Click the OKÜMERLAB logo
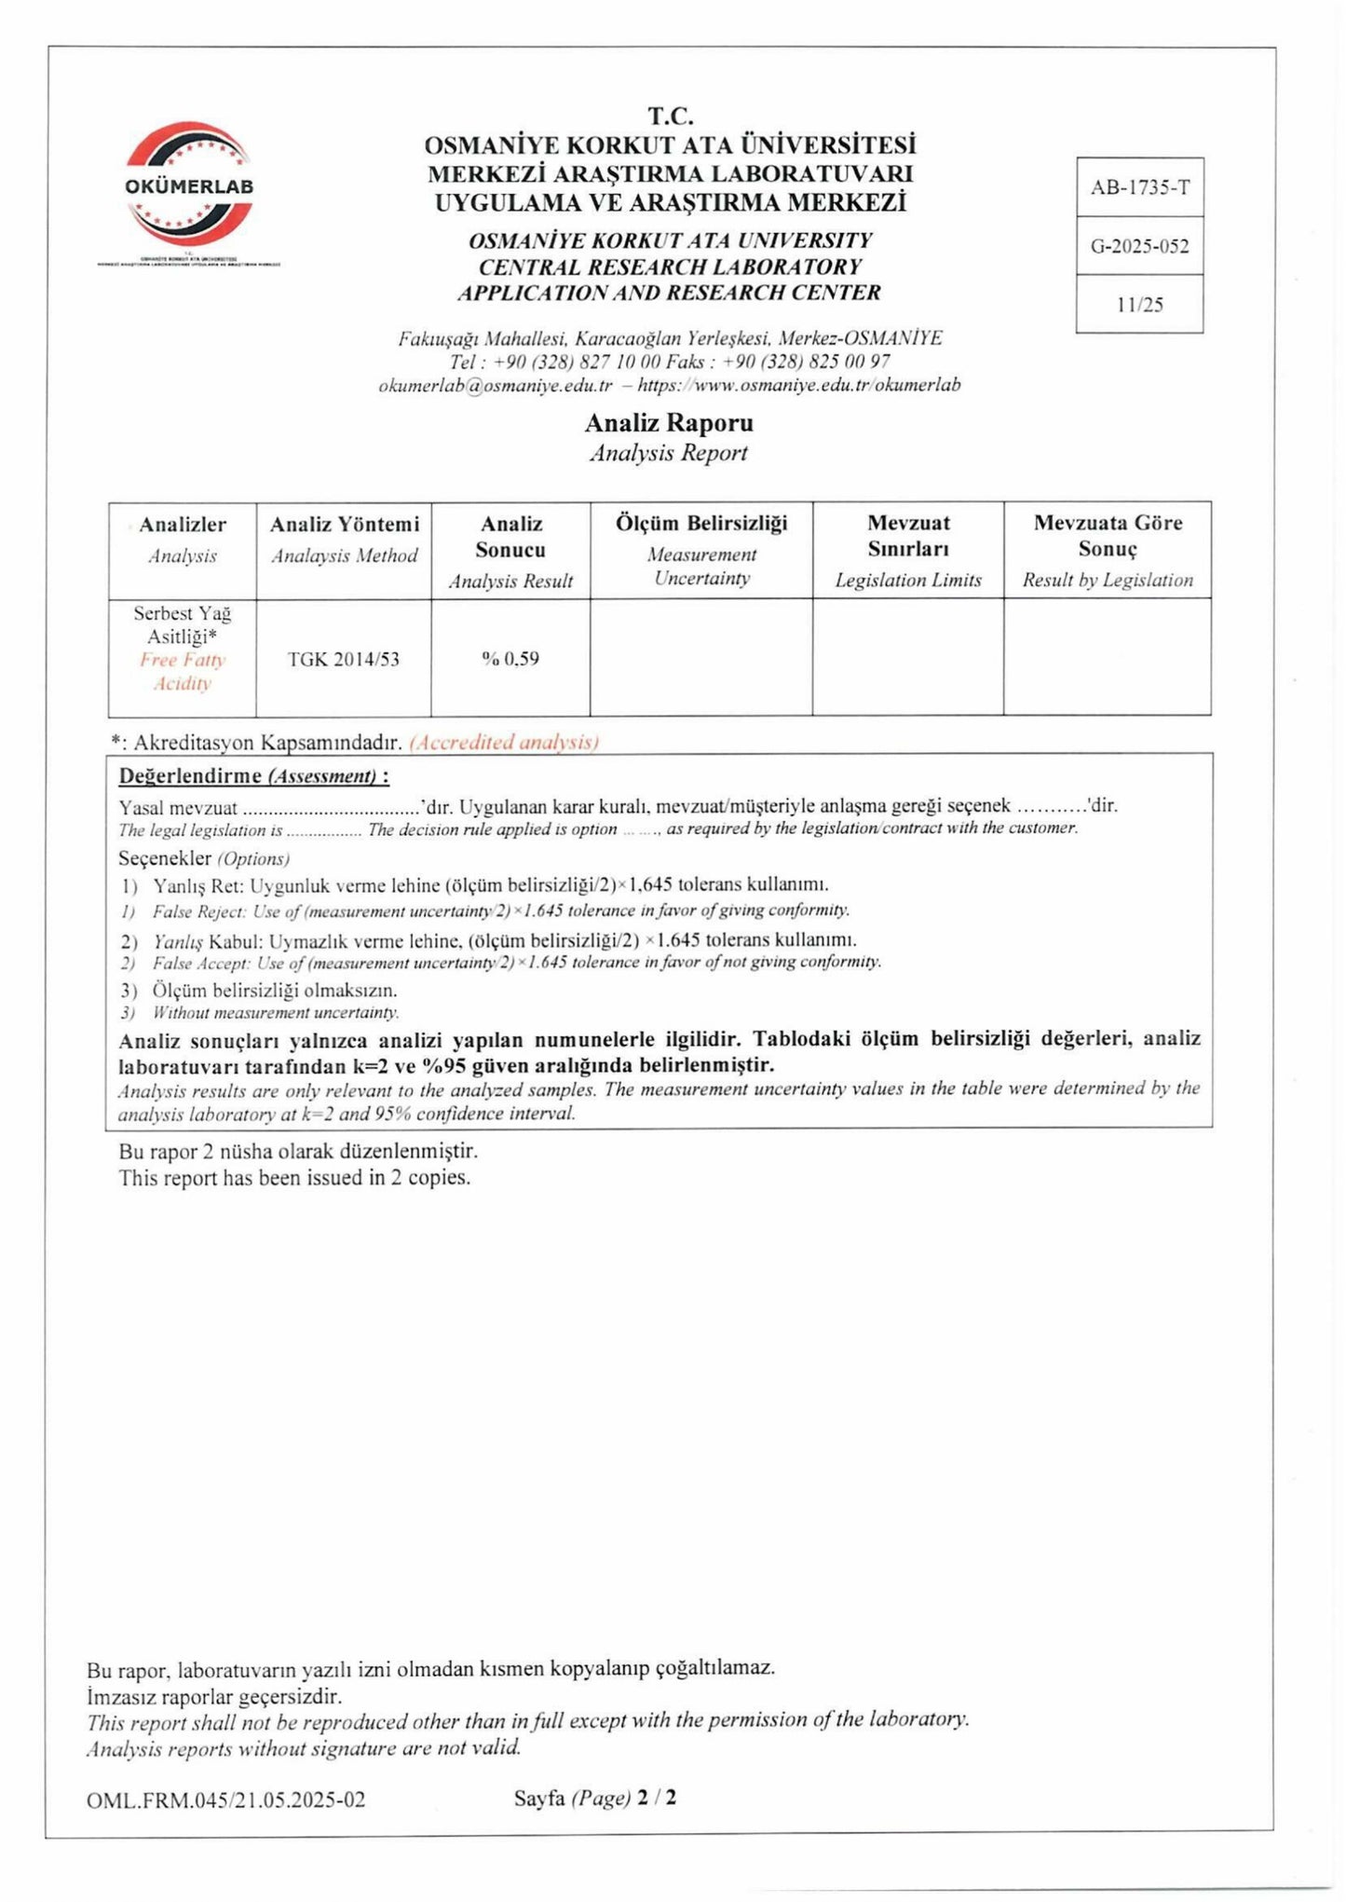[189, 185]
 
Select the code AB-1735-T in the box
[1139, 187]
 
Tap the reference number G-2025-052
[1139, 247]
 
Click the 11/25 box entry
[1139, 305]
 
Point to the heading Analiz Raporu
[669, 423]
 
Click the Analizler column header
[183, 525]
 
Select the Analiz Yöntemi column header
[344, 525]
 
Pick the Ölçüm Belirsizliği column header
[700, 523]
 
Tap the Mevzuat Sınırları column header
[908, 536]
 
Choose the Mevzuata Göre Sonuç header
[1108, 536]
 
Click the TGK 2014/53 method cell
[344, 659]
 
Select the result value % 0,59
[510, 659]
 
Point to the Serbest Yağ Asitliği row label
[183, 625]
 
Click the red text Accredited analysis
[503, 743]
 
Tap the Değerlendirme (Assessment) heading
[253, 776]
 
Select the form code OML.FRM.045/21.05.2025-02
[225, 1826]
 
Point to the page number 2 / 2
[657, 1824]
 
